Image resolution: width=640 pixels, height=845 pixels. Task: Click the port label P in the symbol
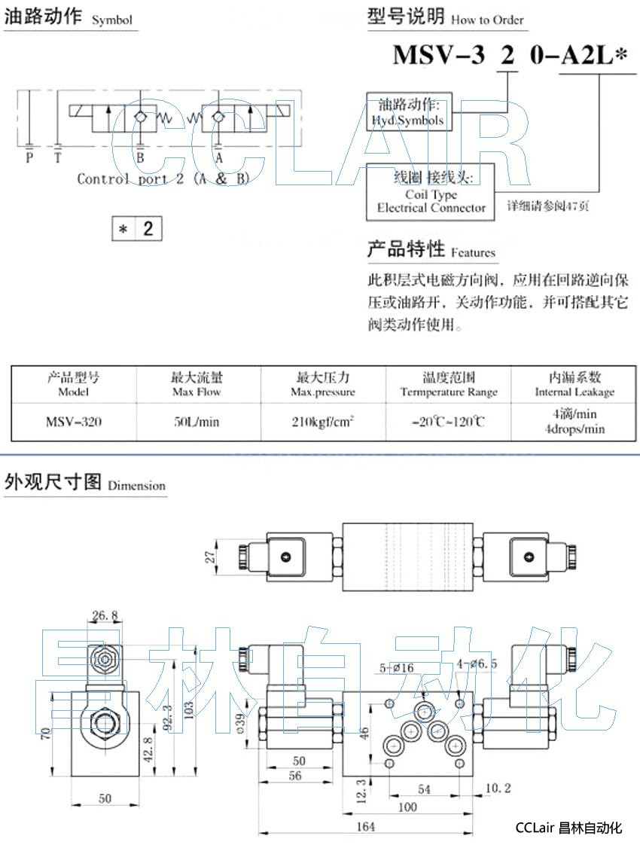point(29,157)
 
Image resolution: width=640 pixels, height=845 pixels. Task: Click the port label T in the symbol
point(58,157)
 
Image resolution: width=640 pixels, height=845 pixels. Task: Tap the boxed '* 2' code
point(136,229)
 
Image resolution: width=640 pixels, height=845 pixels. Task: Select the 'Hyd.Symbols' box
point(408,112)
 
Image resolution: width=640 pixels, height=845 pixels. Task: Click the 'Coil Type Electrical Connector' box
point(431,192)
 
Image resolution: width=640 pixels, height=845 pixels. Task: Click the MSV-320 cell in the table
point(73,422)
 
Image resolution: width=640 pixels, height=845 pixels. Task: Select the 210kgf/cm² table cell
point(323,422)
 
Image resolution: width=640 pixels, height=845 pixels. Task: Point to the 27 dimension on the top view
point(212,557)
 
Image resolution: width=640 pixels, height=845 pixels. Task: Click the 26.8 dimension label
point(105,615)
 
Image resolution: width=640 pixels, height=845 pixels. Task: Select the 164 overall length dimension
point(364,827)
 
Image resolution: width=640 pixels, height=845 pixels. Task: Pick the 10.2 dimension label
point(498,788)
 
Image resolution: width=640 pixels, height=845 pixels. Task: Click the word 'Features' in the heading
point(473,253)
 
